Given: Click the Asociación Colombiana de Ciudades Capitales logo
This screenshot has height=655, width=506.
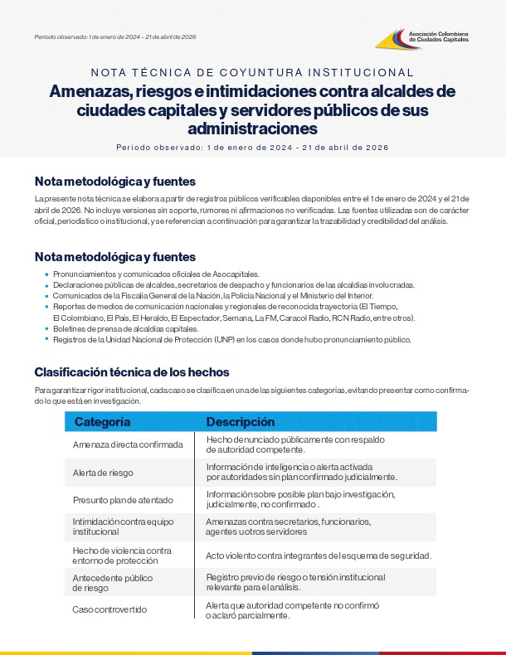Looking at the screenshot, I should (422, 38).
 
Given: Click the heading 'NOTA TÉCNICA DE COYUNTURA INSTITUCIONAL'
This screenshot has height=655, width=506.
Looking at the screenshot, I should (252, 73).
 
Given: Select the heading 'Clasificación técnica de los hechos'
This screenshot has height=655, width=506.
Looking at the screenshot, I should (132, 371).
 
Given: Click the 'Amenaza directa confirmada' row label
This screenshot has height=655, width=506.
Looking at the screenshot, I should (128, 444).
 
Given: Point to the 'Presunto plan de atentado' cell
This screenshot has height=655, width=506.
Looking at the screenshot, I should (122, 500).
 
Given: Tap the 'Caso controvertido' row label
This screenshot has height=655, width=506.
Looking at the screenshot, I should (109, 609).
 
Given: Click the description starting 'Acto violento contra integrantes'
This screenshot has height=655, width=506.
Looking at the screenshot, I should (318, 555).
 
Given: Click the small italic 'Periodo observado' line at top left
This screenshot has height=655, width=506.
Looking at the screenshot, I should (115, 37).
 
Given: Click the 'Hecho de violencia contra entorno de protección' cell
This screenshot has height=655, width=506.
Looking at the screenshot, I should (122, 555).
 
